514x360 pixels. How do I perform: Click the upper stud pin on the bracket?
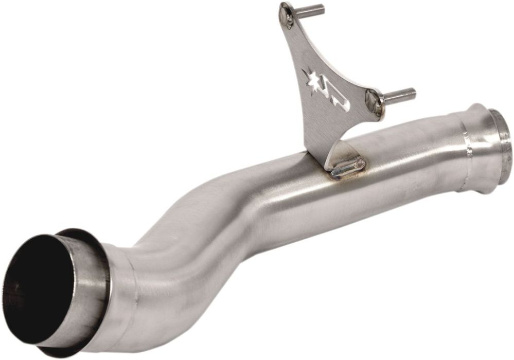click(x=311, y=11)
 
